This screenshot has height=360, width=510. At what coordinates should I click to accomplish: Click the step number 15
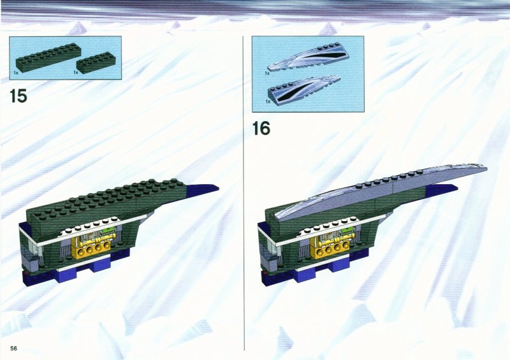18,96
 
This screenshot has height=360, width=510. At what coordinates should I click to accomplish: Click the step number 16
261,128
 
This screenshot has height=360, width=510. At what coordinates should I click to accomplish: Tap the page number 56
13,349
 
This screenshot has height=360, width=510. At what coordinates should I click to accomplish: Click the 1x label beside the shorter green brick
76,72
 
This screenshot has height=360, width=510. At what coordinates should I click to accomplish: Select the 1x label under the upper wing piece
267,73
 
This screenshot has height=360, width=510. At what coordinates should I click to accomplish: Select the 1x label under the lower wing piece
268,101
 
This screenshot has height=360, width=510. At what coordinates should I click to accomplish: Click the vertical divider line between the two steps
244,193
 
